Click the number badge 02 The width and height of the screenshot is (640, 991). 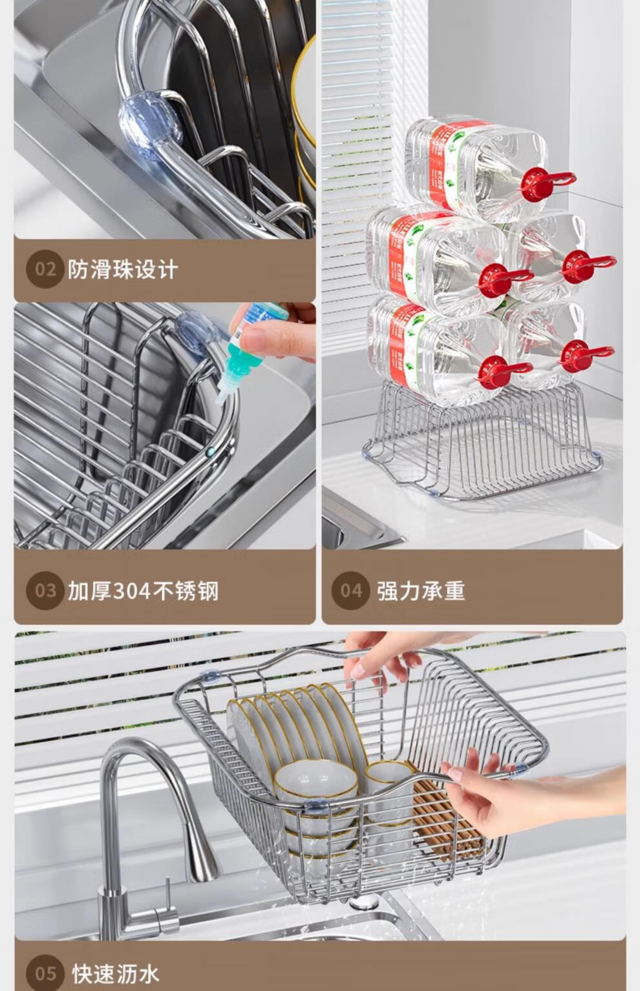45,269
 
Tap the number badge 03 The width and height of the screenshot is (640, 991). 45,591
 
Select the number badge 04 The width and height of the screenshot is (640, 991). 351,591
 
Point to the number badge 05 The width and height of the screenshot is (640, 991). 45,974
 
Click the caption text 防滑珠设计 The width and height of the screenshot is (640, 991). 123,270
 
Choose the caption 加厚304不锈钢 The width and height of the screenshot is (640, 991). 144,591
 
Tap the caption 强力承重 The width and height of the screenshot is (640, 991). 421,591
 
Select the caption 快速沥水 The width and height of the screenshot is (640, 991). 116,974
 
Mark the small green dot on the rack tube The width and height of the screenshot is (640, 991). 209,452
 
